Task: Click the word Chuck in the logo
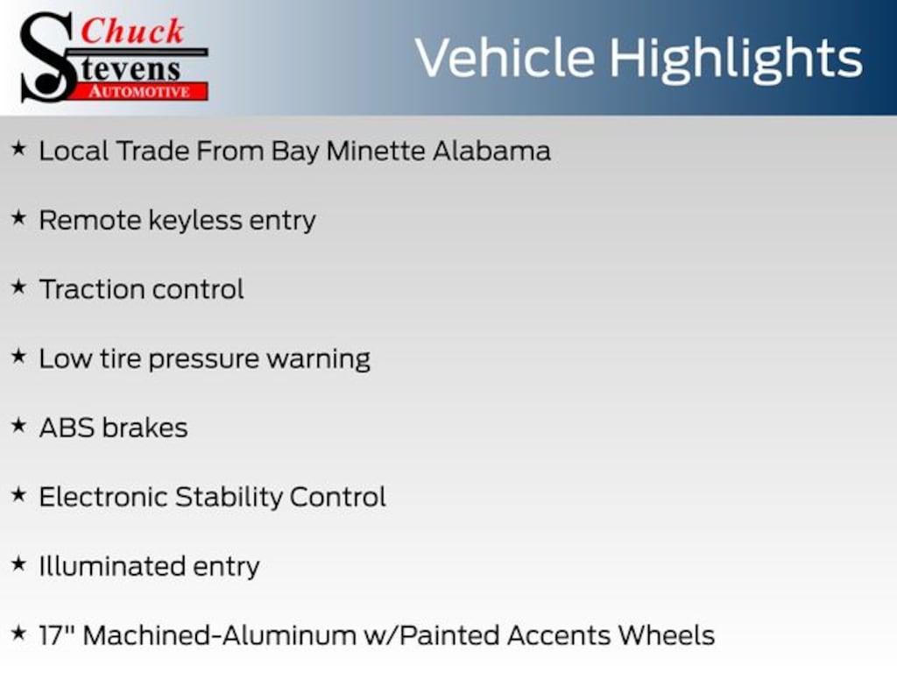click(132, 32)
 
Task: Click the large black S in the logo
click(47, 57)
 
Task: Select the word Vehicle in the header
click(505, 58)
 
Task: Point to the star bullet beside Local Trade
click(19, 149)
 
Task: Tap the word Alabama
click(491, 151)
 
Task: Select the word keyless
click(195, 221)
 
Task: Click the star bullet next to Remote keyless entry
click(19, 218)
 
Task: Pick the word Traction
click(92, 289)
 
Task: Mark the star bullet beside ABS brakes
click(19, 426)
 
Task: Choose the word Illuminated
click(112, 567)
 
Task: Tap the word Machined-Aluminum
click(220, 636)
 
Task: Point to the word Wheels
click(667, 636)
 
